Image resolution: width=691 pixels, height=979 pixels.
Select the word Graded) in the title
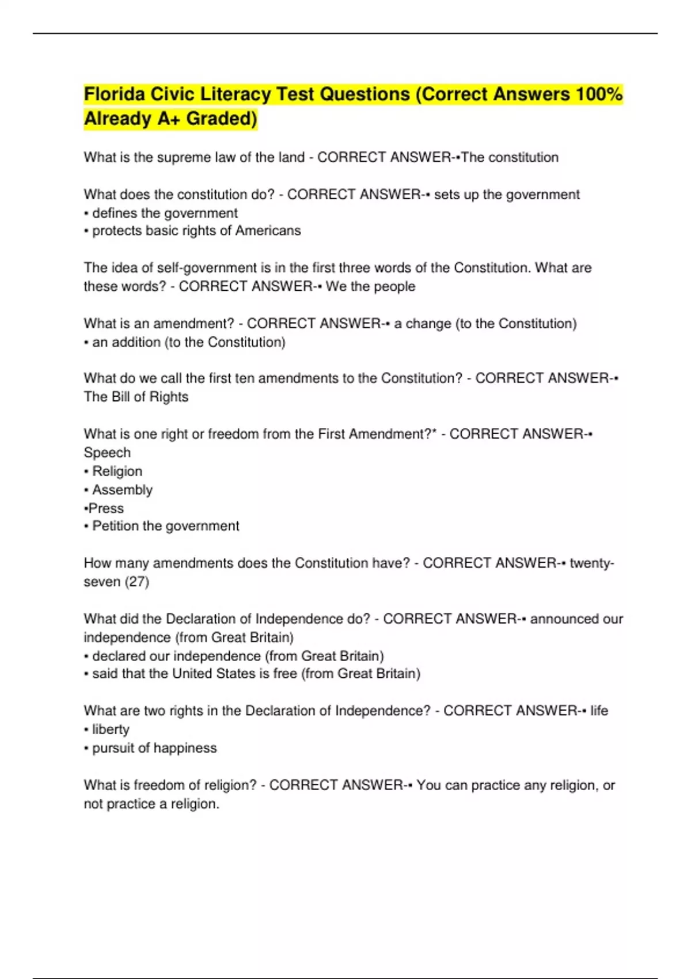[x=222, y=119]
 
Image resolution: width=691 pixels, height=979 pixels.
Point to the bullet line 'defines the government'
[x=165, y=213]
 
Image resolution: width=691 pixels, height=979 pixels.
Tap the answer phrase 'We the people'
[x=370, y=286]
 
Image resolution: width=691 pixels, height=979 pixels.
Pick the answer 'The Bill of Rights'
[x=136, y=397]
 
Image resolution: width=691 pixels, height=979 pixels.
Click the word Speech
[x=107, y=453]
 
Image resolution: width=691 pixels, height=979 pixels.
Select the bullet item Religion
[x=117, y=471]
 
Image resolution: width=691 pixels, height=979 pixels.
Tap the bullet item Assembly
[x=122, y=490]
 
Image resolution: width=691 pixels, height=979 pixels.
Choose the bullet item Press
[x=106, y=509]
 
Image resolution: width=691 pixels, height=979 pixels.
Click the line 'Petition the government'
[x=165, y=526]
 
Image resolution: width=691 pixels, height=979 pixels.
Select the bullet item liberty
[x=111, y=730]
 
